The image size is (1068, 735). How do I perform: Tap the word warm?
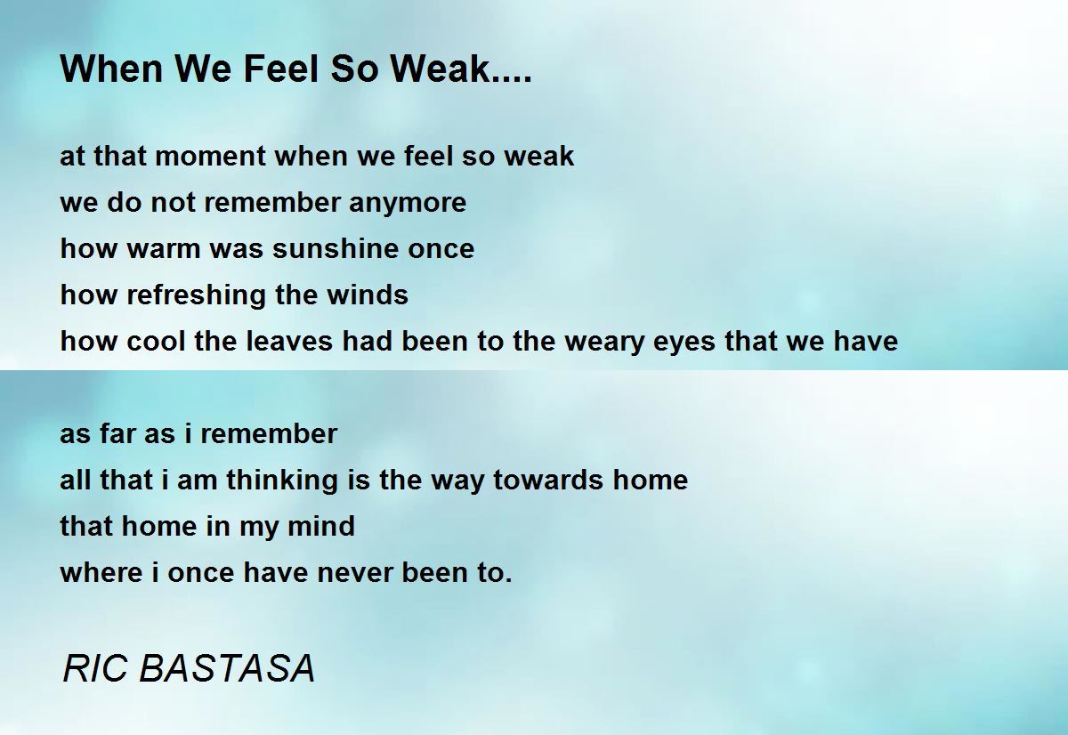coord(166,248)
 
